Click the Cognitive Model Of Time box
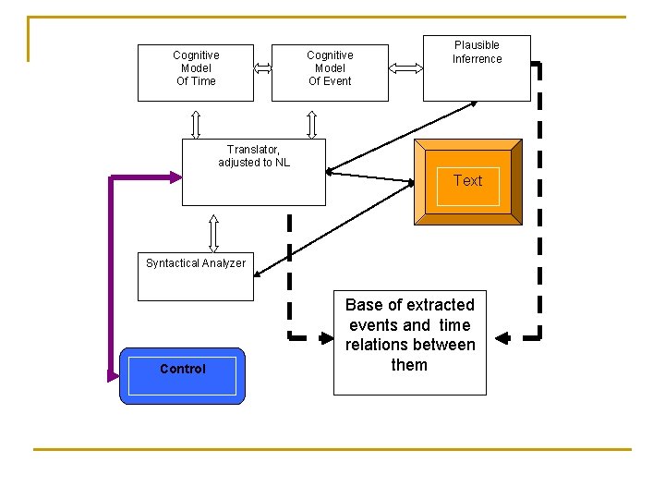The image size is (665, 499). [196, 72]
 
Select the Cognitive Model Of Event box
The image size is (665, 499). [330, 72]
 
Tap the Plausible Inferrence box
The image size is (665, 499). [477, 68]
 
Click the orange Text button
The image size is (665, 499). [467, 182]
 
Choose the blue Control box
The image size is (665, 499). [183, 375]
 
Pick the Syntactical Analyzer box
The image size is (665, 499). [195, 276]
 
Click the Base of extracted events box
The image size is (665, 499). [409, 343]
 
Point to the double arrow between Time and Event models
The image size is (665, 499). [262, 67]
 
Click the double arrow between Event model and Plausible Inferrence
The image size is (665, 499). [405, 67]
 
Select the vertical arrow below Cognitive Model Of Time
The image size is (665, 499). [196, 123]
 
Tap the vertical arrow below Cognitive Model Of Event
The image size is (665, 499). [311, 123]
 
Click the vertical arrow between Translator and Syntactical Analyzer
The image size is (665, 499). [214, 233]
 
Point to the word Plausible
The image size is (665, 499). [477, 45]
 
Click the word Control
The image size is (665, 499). [183, 369]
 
